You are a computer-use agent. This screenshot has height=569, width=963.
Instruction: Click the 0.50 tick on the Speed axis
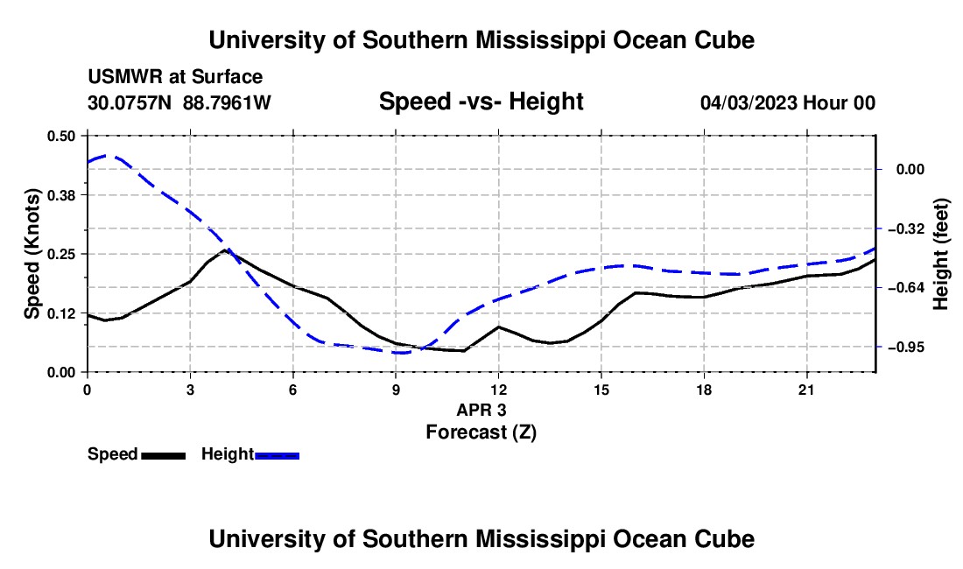[60, 136]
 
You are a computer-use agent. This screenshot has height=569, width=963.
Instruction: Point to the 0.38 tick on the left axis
[60, 195]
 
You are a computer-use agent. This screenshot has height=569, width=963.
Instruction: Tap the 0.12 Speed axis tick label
[60, 313]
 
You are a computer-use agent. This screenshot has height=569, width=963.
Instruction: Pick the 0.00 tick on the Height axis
[910, 170]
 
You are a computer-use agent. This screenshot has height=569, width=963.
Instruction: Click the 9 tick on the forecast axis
[396, 390]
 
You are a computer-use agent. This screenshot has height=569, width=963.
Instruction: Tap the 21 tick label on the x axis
[806, 390]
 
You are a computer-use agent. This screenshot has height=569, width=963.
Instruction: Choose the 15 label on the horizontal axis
[601, 390]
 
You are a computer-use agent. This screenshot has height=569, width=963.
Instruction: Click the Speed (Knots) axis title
[32, 254]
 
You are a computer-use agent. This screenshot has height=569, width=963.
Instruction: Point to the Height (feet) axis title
[941, 254]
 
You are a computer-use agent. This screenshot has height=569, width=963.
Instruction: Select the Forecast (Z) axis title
[481, 432]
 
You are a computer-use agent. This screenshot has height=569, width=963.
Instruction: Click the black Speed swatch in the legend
[164, 456]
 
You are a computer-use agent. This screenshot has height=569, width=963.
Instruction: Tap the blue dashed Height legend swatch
[277, 456]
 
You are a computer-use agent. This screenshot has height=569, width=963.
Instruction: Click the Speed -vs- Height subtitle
[481, 102]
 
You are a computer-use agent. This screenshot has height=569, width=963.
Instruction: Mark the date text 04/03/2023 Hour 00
[788, 102]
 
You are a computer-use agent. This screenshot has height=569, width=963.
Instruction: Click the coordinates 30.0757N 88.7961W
[179, 102]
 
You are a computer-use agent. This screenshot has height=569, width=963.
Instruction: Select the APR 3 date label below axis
[481, 410]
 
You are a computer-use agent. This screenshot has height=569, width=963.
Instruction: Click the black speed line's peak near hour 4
[225, 249]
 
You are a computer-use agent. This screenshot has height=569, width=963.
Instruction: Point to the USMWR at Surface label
[175, 77]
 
